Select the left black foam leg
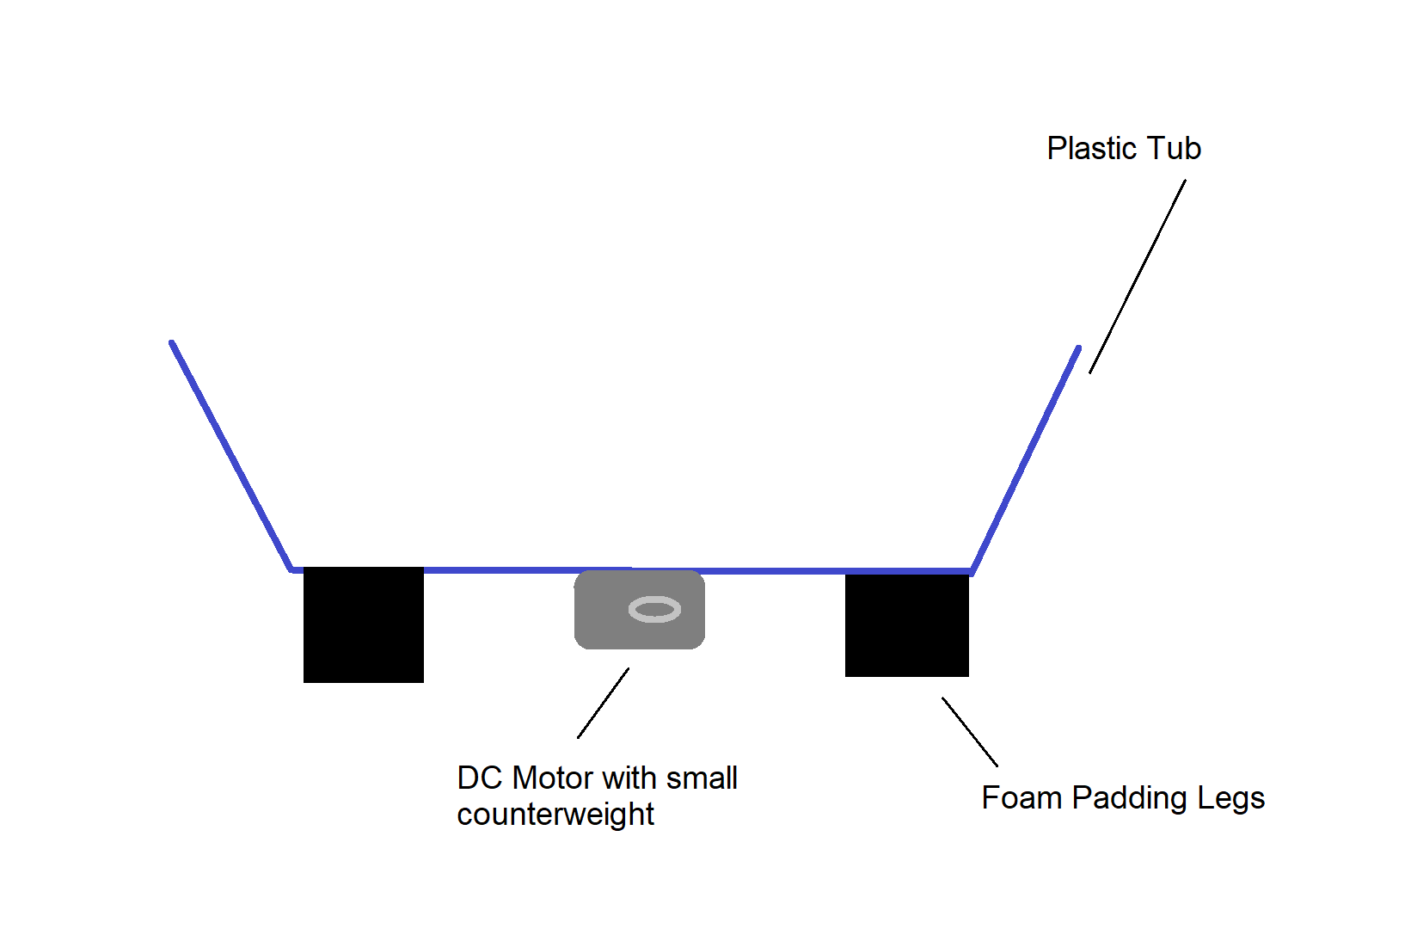pyautogui.click(x=364, y=624)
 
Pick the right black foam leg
pyautogui.click(x=907, y=624)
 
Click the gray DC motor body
pyautogui.click(x=640, y=610)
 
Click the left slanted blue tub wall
pyautogui.click(x=231, y=456)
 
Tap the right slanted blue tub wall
pyautogui.click(x=1026, y=459)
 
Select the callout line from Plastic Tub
pyautogui.click(x=1138, y=277)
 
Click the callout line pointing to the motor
pyautogui.click(x=604, y=703)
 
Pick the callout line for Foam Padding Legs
pyautogui.click(x=970, y=732)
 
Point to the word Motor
pyautogui.click(x=551, y=778)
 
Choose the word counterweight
pyautogui.click(x=555, y=815)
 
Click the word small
pyautogui.click(x=702, y=778)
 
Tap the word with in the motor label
pyautogui.click(x=629, y=778)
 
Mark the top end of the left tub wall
pyautogui.click(x=172, y=343)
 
